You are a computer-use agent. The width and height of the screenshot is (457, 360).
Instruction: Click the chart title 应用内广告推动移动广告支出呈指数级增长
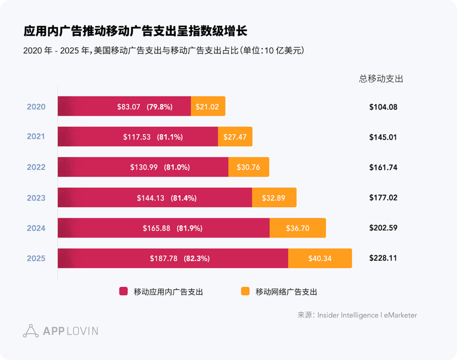pos(135,31)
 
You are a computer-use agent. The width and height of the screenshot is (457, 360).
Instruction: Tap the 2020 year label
pos(36,107)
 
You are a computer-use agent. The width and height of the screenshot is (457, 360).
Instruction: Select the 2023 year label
pos(36,198)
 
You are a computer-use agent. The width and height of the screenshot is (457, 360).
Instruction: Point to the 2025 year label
pos(36,258)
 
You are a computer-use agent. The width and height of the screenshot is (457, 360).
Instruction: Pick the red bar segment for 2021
pos(137,137)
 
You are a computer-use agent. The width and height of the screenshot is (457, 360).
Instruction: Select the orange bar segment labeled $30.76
pos(249,167)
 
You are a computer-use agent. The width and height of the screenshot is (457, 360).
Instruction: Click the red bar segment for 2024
pos(163,228)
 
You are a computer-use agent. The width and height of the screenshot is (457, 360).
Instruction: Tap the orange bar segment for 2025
pos(320,258)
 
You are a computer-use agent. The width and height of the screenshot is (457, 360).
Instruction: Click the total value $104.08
pos(383,107)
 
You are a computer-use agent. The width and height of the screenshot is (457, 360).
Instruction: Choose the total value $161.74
pos(383,167)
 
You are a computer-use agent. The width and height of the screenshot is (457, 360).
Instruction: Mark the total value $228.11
pos(383,258)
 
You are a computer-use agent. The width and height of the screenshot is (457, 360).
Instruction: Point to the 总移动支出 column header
pos(381,79)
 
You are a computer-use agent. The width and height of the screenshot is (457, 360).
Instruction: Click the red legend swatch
pos(124,291)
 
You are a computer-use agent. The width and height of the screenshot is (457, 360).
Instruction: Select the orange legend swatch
pos(245,291)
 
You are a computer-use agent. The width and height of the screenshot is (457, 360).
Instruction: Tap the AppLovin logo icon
pos(31,331)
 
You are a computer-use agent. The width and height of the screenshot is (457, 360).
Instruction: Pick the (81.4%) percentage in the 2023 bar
pos(183,198)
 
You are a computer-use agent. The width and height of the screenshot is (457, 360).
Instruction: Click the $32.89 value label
pos(274,198)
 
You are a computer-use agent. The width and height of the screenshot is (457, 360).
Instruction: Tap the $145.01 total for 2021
pos(383,137)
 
